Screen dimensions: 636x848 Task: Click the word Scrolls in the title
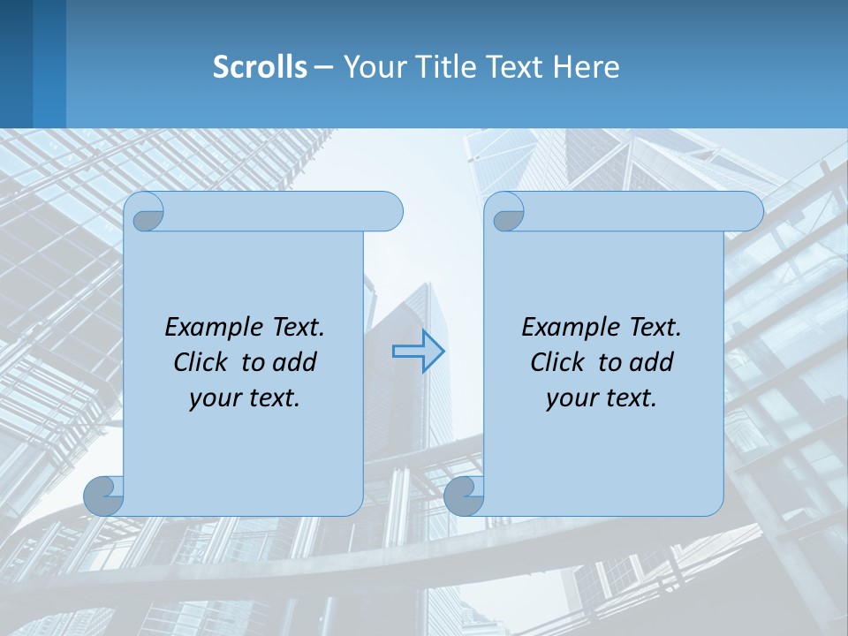(x=260, y=67)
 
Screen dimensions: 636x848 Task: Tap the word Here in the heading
(x=587, y=67)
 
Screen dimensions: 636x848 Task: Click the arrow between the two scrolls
(x=419, y=352)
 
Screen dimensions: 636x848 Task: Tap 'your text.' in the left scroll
(x=245, y=398)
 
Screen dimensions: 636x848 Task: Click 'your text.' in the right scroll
(x=602, y=398)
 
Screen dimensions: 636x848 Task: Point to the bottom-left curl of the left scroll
(x=103, y=496)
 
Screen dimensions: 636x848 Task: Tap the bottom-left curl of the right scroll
(x=464, y=496)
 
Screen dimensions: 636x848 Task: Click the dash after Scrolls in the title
(x=323, y=67)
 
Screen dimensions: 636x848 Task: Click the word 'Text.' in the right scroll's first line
(x=655, y=327)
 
